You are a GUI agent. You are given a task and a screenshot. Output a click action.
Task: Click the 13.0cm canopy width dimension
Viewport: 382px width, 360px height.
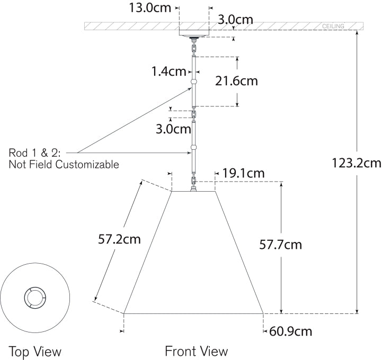coord(150,8)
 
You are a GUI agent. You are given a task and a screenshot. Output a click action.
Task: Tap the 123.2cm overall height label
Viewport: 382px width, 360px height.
coord(357,163)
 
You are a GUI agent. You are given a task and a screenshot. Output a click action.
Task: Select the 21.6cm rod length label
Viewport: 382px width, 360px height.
coord(236,81)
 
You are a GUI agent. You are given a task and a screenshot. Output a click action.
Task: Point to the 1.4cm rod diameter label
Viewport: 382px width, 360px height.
coord(168,71)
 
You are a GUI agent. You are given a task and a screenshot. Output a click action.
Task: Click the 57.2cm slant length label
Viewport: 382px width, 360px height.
coord(119,239)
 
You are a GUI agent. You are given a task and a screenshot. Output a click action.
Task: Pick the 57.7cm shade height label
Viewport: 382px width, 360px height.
coord(280,245)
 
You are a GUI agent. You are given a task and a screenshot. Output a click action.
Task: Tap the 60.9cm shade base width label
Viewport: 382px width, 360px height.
coord(291,331)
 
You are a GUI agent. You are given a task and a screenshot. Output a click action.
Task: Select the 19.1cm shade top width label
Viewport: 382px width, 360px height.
coord(243,173)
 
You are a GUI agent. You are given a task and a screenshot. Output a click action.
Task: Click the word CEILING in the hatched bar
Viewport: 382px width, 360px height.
coord(333,26)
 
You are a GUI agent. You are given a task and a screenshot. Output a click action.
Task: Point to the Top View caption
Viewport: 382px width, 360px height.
coord(35,352)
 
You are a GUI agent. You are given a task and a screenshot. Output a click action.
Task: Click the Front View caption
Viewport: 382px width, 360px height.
coord(197,351)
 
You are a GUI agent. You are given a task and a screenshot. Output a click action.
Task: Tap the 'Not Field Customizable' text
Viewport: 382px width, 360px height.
coord(64,165)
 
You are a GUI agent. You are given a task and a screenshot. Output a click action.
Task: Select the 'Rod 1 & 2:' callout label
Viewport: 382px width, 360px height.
coord(34,153)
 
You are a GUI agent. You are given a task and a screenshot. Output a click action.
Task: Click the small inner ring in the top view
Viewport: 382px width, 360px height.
coord(35,298)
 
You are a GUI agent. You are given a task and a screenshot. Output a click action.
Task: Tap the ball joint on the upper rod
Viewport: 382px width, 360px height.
coord(194,82)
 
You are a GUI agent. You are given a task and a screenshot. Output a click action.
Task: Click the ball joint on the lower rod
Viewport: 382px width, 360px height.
coord(194,147)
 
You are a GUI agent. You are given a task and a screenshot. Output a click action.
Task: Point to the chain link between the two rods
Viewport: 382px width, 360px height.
coord(194,114)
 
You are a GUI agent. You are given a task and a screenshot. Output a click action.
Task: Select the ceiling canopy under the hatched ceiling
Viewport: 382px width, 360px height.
coord(194,33)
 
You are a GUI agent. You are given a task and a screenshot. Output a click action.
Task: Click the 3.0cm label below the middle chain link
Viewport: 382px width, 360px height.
coord(173,129)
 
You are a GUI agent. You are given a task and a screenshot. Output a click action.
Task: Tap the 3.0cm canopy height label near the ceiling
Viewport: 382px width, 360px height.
coord(235,20)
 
